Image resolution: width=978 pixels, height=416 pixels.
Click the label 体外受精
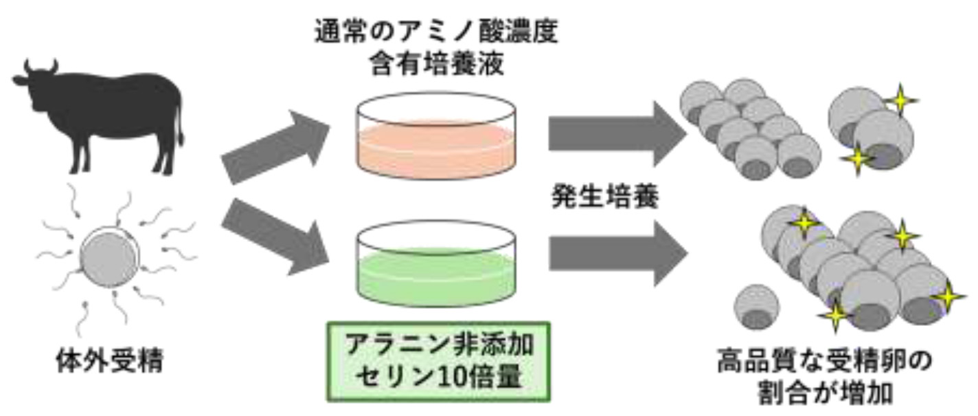(x=110, y=360)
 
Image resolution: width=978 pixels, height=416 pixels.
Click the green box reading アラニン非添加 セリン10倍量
(x=439, y=360)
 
